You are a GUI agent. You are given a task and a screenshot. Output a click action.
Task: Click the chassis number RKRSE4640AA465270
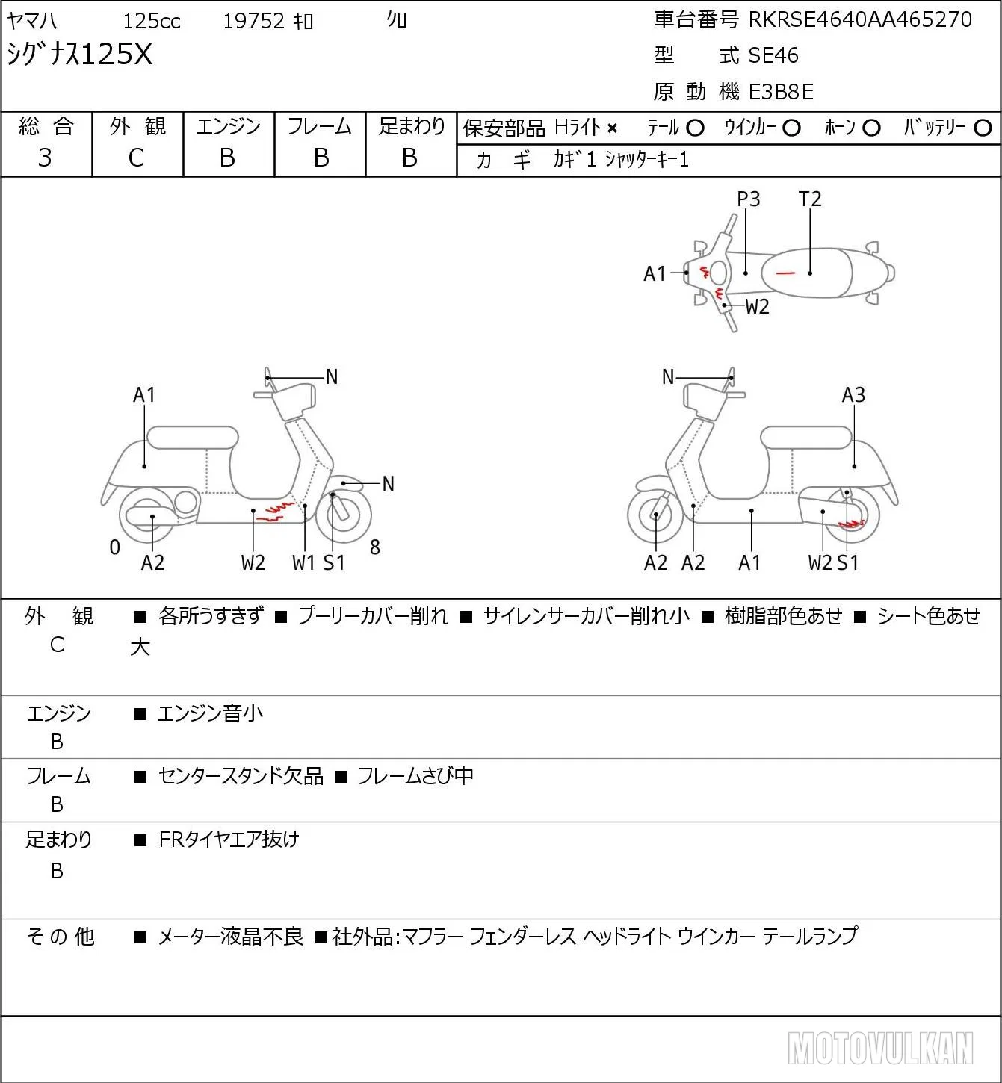(860, 19)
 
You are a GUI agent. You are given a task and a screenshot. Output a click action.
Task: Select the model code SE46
(773, 55)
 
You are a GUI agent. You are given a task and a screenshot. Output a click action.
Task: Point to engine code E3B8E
(781, 92)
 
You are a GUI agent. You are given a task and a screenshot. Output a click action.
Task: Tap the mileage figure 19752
(254, 21)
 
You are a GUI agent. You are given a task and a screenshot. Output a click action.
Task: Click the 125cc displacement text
(152, 22)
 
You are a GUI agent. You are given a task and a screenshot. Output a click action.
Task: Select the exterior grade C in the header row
(136, 158)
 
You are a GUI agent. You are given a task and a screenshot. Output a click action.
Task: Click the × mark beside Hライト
(613, 128)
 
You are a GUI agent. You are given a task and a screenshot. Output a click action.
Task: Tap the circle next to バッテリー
(983, 128)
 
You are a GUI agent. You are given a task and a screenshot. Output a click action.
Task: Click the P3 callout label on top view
(748, 199)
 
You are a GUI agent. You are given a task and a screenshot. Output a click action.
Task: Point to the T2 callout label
(810, 199)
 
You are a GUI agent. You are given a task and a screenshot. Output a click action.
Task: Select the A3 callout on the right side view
(853, 395)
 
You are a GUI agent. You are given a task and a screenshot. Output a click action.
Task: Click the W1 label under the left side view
(303, 562)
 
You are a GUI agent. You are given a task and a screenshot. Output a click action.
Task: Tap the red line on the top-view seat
(785, 272)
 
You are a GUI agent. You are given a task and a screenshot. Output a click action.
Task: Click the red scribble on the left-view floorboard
(276, 512)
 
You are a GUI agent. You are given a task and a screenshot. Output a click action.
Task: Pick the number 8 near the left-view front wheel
(375, 547)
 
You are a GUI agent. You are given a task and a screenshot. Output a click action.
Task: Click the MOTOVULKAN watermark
(880, 1049)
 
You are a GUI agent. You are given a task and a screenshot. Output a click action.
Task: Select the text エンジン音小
(211, 713)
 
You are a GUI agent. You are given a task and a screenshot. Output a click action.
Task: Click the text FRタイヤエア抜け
(229, 840)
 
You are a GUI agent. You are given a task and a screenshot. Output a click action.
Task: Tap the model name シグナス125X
(80, 54)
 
